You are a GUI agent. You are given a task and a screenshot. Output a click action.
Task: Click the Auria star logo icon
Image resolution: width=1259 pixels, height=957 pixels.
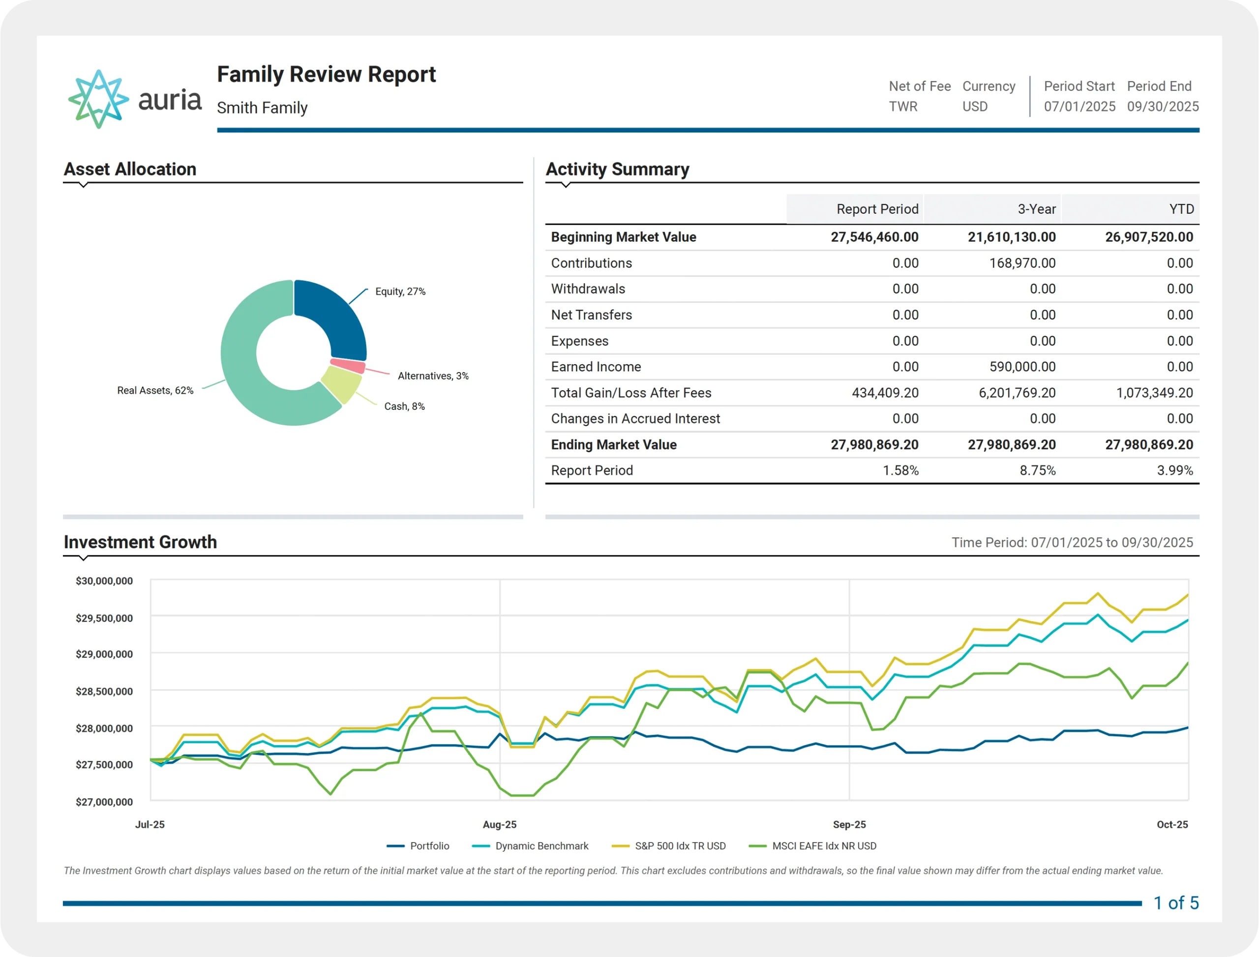point(98,99)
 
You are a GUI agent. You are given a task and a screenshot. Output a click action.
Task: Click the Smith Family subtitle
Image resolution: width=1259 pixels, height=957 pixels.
point(262,108)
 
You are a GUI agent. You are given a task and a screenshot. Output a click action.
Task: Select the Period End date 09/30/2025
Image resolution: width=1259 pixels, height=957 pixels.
point(1163,107)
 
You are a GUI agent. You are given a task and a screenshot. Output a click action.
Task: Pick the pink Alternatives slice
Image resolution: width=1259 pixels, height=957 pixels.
point(348,365)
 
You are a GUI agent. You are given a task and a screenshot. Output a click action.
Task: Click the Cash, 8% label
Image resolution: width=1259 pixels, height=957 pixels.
point(404,406)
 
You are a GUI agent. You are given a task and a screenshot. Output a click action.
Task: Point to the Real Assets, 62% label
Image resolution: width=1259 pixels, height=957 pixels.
point(155,390)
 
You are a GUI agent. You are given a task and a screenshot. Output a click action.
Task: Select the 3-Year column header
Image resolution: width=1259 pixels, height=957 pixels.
point(1036,209)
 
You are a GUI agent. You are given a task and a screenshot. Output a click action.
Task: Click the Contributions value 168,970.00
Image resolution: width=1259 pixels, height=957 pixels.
point(1022,263)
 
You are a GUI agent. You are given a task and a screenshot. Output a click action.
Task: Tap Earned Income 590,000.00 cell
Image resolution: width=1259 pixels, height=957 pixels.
point(1022,367)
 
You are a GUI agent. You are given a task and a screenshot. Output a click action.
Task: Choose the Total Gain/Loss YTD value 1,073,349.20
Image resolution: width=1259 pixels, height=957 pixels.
point(1154,393)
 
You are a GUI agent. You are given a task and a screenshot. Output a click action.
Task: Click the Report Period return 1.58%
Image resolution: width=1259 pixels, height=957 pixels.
point(900,470)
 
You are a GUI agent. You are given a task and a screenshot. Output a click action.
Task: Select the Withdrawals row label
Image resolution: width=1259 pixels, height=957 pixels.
point(588,289)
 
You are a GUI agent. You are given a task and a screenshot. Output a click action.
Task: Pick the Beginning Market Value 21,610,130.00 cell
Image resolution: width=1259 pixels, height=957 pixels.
point(1011,237)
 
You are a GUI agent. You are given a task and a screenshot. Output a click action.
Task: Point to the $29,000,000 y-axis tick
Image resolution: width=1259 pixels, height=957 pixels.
point(104,654)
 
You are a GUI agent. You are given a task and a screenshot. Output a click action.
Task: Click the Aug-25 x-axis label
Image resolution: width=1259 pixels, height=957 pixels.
point(499,824)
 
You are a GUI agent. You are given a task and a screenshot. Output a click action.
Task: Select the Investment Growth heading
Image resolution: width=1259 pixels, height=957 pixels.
point(140,542)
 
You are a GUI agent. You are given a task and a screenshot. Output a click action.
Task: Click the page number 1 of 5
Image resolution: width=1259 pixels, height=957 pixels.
point(1176,903)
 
